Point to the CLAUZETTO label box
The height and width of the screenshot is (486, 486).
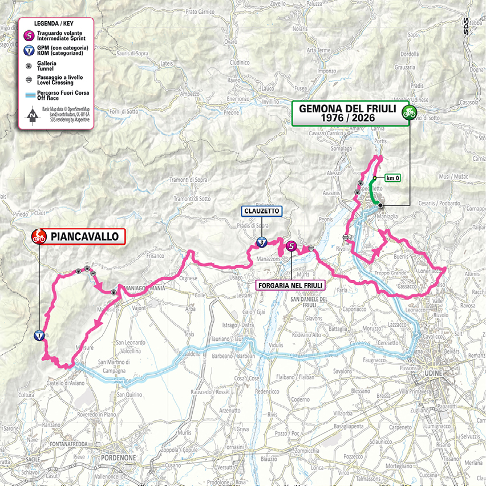pos(262,211)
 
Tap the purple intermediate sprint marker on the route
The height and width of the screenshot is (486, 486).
pos(291,246)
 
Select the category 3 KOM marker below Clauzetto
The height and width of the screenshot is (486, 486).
pos(261,242)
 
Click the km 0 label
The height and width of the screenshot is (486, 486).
pos(392,178)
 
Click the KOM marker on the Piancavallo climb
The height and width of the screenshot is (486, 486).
pos(39,335)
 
